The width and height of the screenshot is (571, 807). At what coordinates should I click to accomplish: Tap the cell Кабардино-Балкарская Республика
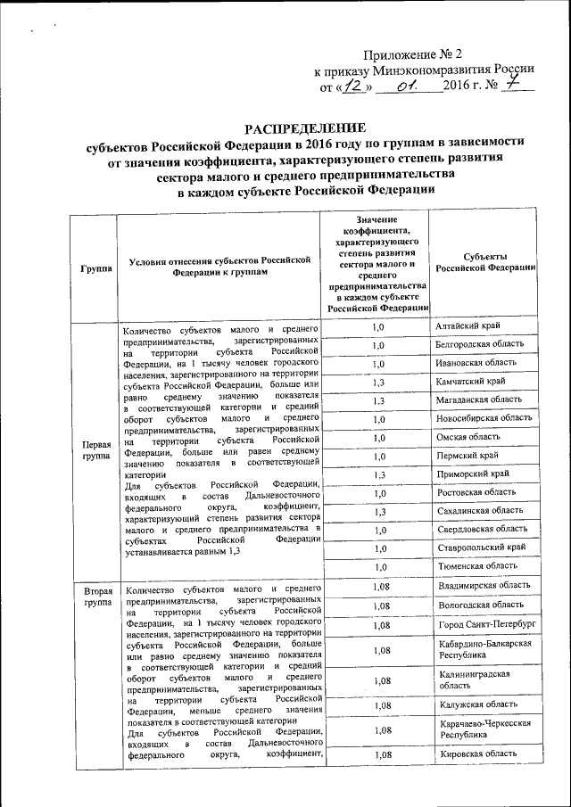(484, 649)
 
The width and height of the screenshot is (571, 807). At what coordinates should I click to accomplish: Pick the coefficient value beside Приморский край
(378, 474)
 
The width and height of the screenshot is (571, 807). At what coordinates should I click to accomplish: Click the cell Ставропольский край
(479, 547)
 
